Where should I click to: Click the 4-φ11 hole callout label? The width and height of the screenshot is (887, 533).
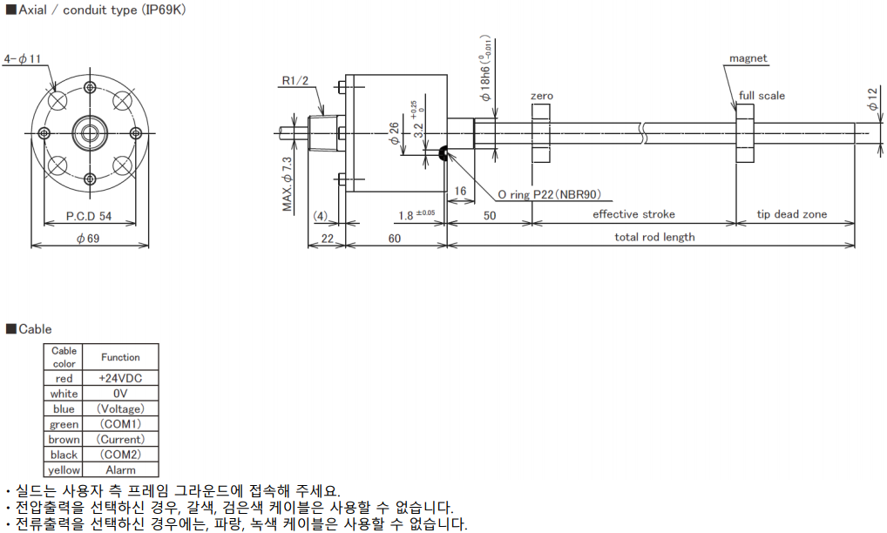point(24,59)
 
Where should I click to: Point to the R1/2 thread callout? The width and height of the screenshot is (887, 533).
point(295,81)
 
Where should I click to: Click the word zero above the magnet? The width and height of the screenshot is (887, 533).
point(541,96)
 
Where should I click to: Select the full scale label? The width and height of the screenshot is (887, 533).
point(762,96)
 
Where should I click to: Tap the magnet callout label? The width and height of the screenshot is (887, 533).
point(748,58)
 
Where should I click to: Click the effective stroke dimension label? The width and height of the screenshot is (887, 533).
point(633,214)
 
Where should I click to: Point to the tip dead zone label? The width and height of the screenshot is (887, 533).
point(792,214)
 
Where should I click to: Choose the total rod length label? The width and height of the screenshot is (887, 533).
point(654,237)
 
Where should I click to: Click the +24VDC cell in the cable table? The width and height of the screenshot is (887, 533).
point(120,378)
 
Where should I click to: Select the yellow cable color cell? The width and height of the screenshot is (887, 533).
point(64,470)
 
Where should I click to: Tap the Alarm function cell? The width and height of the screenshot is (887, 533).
point(120,470)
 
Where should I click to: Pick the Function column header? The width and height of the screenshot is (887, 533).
point(120,357)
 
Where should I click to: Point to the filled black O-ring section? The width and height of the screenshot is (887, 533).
point(443,155)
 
